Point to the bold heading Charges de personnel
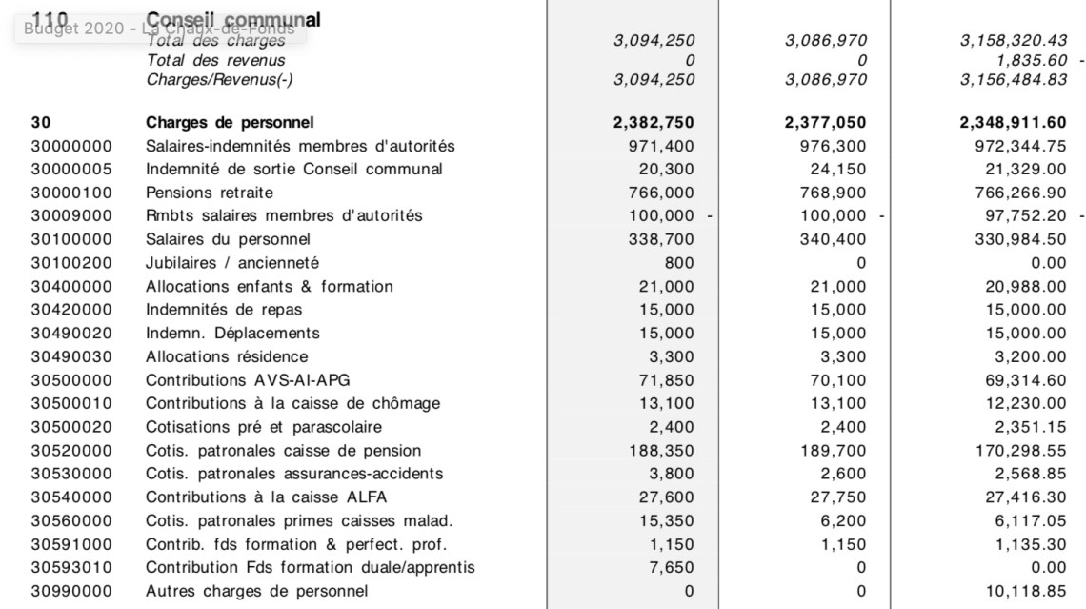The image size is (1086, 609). pos(230,123)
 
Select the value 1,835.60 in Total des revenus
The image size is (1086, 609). pos(1037,59)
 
